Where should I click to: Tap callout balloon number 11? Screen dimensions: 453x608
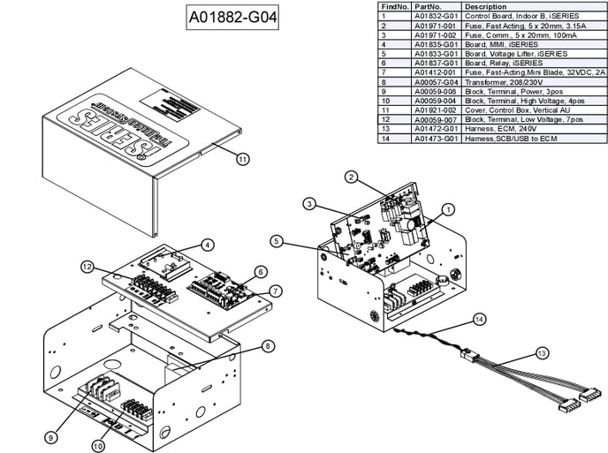243,159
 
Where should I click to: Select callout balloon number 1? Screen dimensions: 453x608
447,209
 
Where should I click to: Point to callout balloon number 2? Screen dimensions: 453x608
351,177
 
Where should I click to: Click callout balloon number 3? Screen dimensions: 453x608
309,204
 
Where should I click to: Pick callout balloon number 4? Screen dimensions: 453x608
206,245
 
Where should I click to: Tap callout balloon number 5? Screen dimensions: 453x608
277,240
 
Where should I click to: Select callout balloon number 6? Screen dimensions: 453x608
261,271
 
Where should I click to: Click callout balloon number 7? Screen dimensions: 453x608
276,291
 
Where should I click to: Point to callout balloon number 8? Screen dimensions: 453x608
268,346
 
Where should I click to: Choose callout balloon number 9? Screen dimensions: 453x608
51,436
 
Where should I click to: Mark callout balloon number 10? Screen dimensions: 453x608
98,446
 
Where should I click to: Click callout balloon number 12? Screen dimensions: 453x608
87,266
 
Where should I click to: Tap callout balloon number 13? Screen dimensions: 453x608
542,352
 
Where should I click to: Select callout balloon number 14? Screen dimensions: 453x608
479,318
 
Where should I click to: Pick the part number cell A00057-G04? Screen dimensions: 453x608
437,81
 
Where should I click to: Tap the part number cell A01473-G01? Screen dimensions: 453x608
437,137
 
